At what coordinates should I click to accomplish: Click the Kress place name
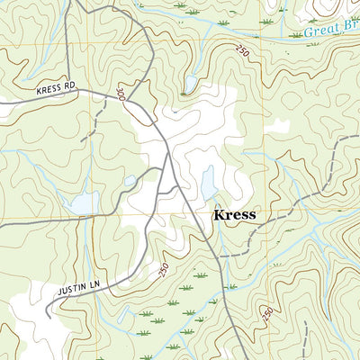tap(234, 216)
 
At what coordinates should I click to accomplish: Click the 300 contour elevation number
tap(121, 94)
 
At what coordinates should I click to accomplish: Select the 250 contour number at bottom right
tap(268, 312)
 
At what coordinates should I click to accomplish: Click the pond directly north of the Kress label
tap(209, 183)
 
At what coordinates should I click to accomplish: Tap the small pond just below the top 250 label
tap(190, 85)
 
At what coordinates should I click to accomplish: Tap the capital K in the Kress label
tap(218, 216)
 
